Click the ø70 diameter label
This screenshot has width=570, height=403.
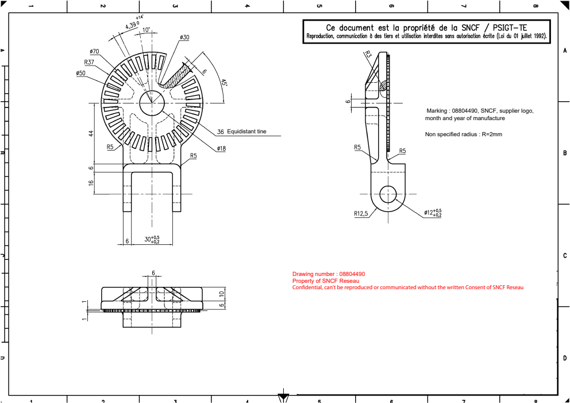click(x=94, y=51)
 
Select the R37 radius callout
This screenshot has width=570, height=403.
click(x=89, y=62)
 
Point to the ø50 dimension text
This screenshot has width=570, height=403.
click(x=80, y=73)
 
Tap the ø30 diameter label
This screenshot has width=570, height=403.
click(x=184, y=37)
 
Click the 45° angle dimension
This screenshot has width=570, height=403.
click(x=224, y=83)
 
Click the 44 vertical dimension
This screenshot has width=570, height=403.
click(x=91, y=133)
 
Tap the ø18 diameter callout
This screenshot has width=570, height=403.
click(x=221, y=148)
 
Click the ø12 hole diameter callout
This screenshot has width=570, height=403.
click(x=432, y=213)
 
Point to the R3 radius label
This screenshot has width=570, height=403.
click(x=368, y=54)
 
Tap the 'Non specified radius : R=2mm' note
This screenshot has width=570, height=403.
click(x=463, y=134)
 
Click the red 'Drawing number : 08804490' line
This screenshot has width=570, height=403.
click(x=329, y=274)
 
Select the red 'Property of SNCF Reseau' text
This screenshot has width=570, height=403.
click(x=325, y=281)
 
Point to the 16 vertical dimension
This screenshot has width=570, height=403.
click(x=91, y=183)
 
